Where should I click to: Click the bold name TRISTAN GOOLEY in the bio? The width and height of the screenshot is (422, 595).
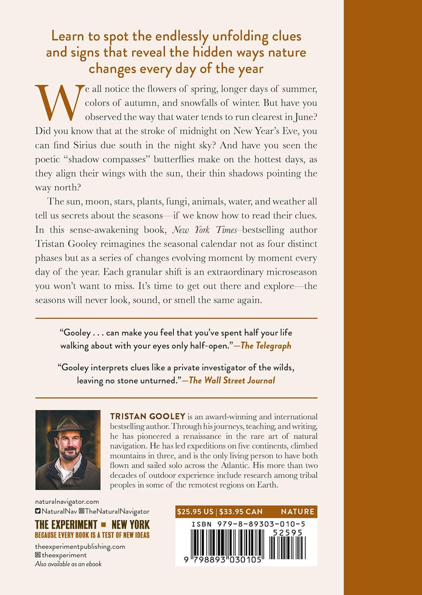(x=142, y=416)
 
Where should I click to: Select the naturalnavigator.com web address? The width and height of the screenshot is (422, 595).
(x=67, y=500)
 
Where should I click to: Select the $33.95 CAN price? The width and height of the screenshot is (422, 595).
(x=240, y=512)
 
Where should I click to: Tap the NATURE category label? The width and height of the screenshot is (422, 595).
(x=298, y=512)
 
